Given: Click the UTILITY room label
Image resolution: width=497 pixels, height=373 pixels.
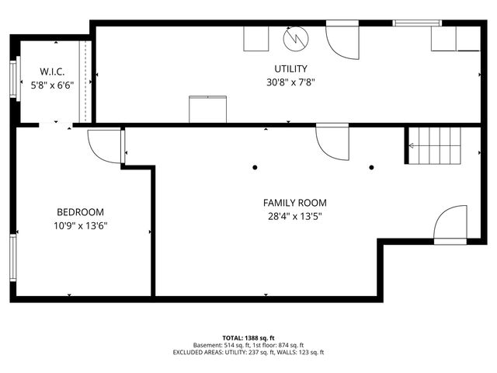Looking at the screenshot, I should [290, 69].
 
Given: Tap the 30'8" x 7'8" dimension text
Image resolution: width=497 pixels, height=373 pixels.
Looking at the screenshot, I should [290, 82].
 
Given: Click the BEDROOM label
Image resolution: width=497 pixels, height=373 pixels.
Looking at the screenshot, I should [80, 212].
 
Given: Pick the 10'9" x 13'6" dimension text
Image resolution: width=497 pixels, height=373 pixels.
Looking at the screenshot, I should [80, 226].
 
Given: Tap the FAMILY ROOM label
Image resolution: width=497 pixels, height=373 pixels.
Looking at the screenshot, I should [294, 203].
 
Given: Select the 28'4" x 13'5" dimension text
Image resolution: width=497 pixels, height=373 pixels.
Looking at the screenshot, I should [294, 217].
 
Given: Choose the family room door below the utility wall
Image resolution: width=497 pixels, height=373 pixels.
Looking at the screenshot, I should [332, 141].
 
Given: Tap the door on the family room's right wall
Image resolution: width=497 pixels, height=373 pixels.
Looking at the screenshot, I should [450, 226].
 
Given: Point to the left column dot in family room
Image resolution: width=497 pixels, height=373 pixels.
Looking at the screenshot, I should [255, 167].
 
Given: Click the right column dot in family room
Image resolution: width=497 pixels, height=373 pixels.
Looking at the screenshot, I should [371, 167].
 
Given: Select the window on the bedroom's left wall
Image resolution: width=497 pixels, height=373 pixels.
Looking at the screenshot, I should [12, 259].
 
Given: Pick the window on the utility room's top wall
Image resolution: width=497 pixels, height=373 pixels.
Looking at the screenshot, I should [417, 23].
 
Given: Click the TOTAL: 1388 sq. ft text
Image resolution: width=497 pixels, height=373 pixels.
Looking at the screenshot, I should [248, 338].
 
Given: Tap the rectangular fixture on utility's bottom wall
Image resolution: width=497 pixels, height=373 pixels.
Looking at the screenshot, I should [207, 109].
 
